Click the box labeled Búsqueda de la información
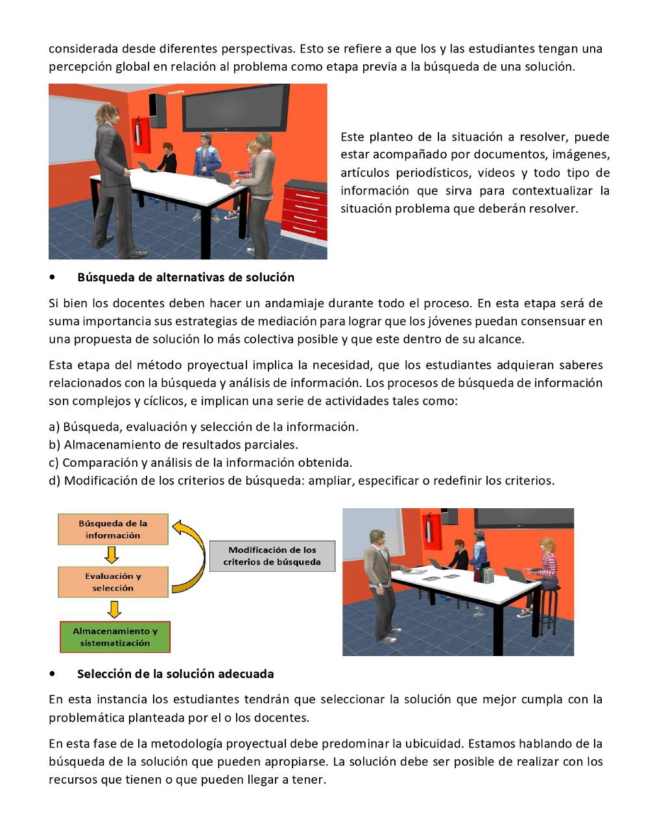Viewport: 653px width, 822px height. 113,529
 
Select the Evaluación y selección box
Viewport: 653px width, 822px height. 113,581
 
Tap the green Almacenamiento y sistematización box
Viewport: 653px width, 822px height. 115,637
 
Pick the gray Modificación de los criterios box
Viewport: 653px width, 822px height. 272,556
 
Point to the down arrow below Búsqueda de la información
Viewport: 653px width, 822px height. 112,555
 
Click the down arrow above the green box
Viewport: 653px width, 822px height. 114,609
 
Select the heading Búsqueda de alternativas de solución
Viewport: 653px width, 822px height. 185,277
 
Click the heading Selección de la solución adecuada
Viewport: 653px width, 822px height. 175,674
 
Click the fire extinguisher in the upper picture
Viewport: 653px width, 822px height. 138,135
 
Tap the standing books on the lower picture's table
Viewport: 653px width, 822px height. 486,572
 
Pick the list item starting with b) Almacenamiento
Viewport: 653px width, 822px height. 173,445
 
